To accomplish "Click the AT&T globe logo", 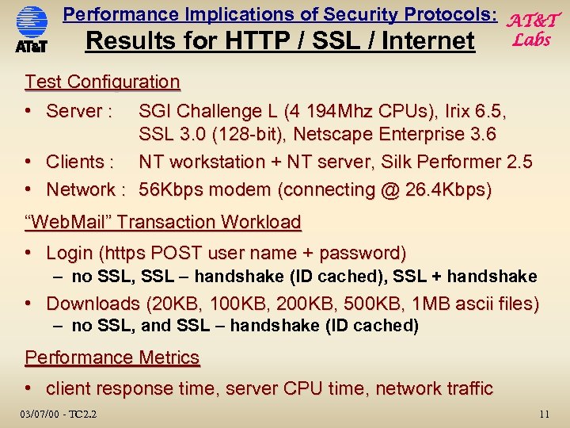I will point(32,25).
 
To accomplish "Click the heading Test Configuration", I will point(102,82).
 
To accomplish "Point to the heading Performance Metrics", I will point(112,357).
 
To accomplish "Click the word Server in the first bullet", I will point(74,111).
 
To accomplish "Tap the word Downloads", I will point(93,304).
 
